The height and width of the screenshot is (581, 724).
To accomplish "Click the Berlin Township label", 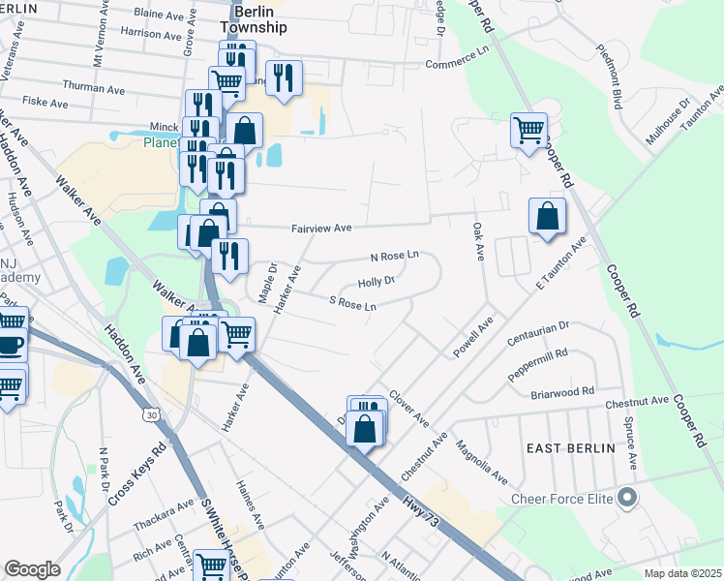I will tap(252, 18).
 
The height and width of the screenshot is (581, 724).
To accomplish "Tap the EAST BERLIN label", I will tap(570, 448).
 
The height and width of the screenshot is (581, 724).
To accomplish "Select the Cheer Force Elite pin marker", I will tap(626, 500).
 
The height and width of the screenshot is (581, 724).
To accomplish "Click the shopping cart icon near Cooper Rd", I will tap(529, 130).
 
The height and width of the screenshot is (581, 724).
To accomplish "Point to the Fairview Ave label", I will tap(322, 229).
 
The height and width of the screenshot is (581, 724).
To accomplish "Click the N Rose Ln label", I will tap(395, 257).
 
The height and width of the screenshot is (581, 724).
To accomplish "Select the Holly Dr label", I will tap(377, 282).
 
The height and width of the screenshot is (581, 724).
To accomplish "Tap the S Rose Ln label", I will tap(352, 304).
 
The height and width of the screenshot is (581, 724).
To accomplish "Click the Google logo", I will tap(33, 568).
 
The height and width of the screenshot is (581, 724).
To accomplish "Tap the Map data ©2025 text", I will tap(681, 573).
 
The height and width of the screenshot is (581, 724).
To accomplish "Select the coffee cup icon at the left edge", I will tap(10, 345).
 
